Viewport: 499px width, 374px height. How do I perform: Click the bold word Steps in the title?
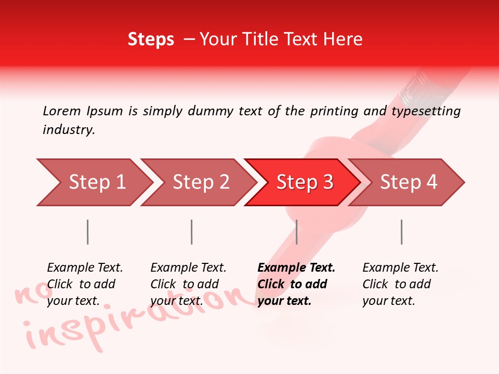[x=151, y=39]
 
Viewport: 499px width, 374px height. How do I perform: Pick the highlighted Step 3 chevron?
[x=305, y=182]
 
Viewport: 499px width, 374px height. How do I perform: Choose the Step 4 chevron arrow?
[x=409, y=182]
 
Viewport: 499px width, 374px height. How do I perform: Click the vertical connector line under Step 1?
[x=88, y=232]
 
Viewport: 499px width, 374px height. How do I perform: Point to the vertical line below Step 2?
[x=192, y=232]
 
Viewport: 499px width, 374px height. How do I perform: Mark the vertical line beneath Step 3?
[x=296, y=232]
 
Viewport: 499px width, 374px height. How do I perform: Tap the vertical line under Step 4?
[x=401, y=232]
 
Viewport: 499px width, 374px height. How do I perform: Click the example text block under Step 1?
[x=85, y=284]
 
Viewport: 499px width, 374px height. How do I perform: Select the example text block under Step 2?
[x=188, y=284]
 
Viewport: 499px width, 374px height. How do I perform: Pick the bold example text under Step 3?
[x=296, y=284]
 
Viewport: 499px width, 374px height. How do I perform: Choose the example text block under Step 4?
[x=400, y=284]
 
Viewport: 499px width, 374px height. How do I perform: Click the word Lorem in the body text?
[x=61, y=111]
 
